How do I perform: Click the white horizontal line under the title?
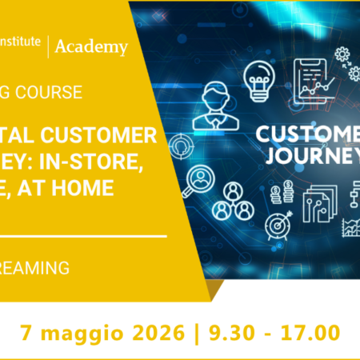click(x=80, y=237)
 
